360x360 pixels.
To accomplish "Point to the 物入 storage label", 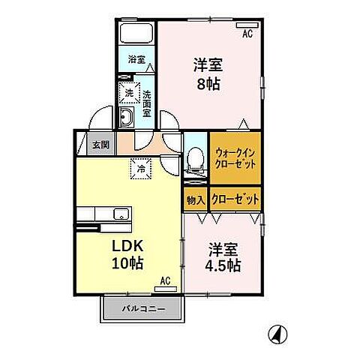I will pos(195,200).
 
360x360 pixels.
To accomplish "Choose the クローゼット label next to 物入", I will pos(235,200).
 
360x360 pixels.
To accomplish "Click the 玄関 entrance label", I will pos(100,145).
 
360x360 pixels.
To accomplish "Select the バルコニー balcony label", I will pos(143,308).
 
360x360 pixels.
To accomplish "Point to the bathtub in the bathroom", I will pos(136,34).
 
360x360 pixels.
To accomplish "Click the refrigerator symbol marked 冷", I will pos(141,169).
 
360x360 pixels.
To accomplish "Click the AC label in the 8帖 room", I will pos(247,34).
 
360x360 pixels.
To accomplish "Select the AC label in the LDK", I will pos(166,281).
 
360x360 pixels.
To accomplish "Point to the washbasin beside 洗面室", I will pos(127,118).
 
